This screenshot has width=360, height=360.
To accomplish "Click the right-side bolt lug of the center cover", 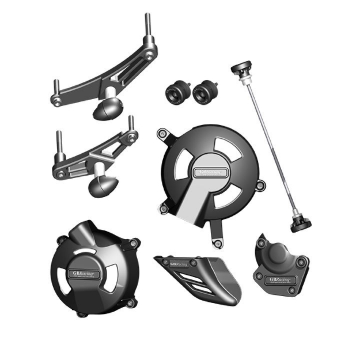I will coord(262,185).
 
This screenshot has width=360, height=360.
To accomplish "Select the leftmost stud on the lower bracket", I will coord(58,139).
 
